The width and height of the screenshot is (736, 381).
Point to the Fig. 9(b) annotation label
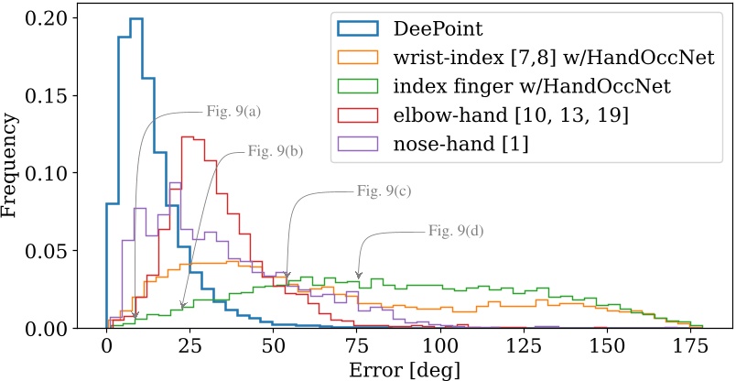click(276, 151)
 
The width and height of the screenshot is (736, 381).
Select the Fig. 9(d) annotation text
click(456, 230)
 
